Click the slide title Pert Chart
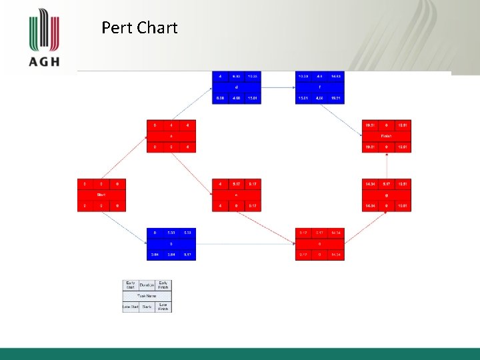pyautogui.click(x=139, y=28)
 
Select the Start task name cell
pyautogui.click(x=101, y=195)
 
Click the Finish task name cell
pyautogui.click(x=387, y=136)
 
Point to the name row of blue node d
pyautogui.click(x=236, y=87)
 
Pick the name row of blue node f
pyautogui.click(x=319, y=87)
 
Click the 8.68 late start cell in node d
pyautogui.click(x=220, y=99)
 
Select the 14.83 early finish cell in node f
pyautogui.click(x=336, y=77)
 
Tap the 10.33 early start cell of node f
pyautogui.click(x=303, y=77)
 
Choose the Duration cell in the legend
pyautogui.click(x=147, y=285)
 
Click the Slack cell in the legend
pyautogui.click(x=147, y=307)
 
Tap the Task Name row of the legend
pyautogui.click(x=147, y=295)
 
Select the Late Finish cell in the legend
pyautogui.click(x=163, y=307)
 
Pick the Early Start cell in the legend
pyautogui.click(x=130, y=285)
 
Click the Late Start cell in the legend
pyautogui.click(x=130, y=307)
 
